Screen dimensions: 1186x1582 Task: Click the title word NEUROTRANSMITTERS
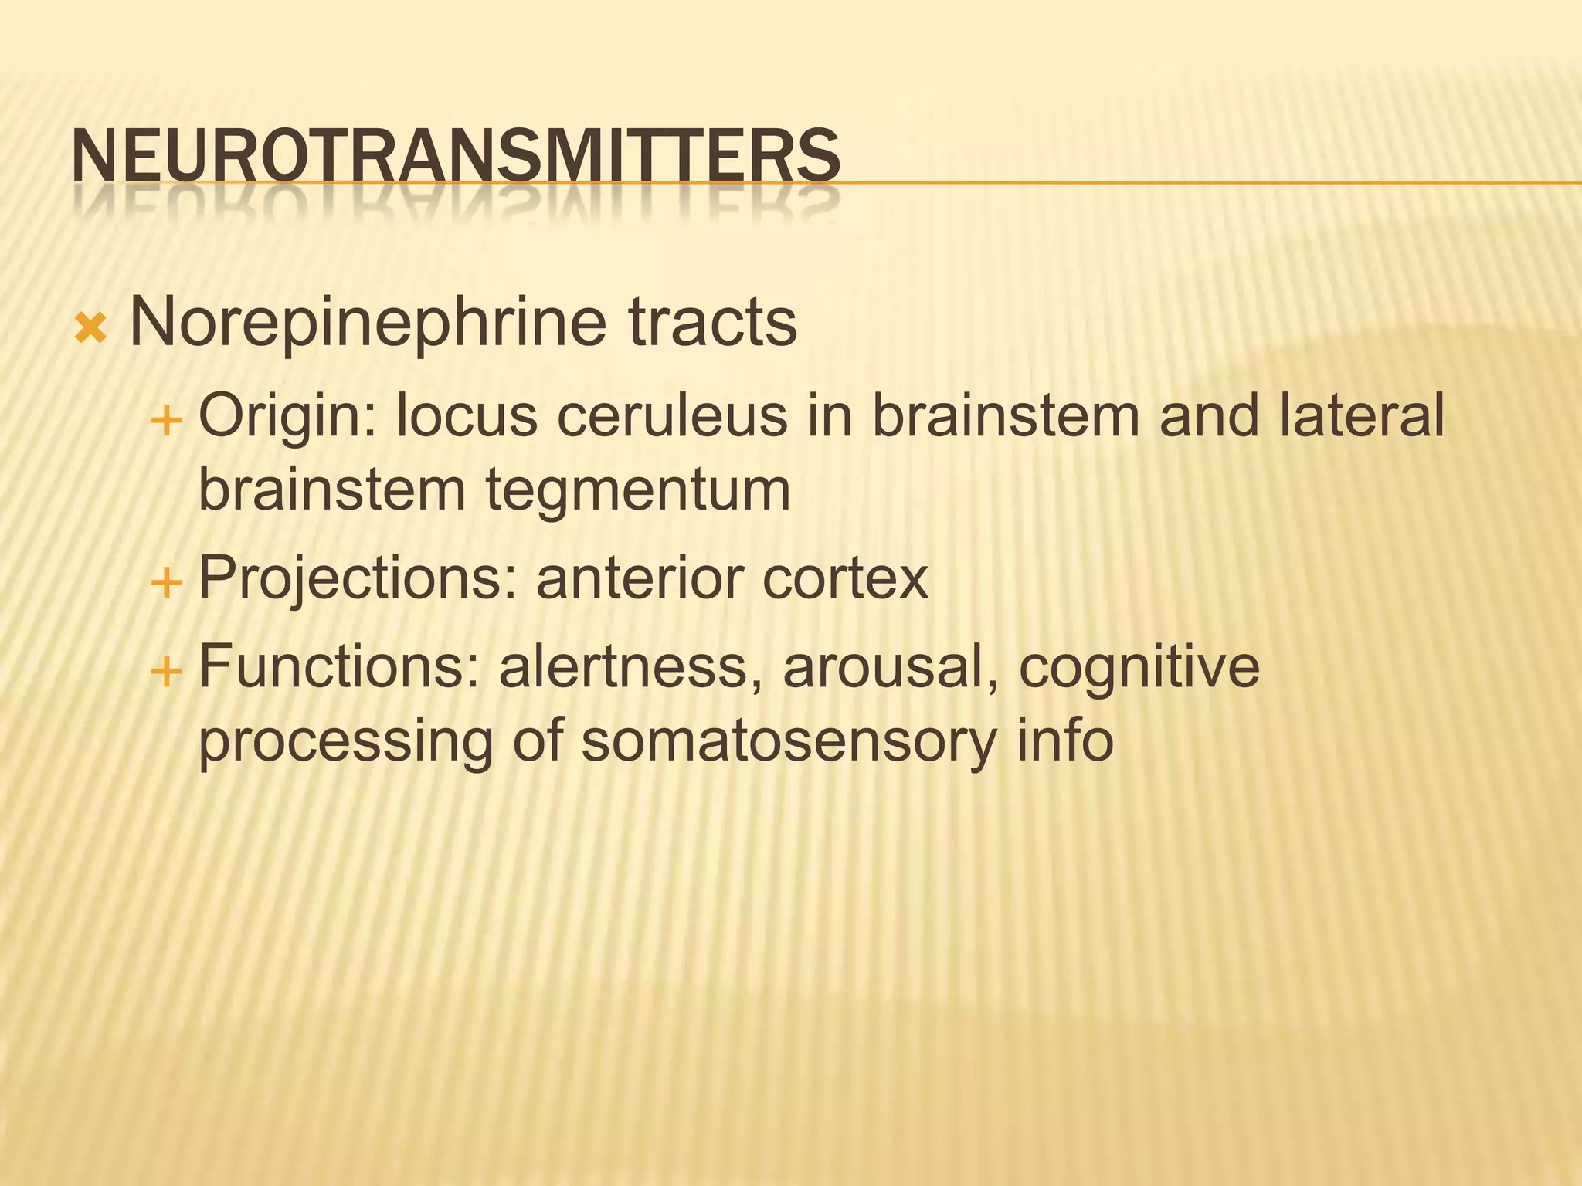[x=456, y=157]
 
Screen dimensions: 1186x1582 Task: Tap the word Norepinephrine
[x=368, y=323]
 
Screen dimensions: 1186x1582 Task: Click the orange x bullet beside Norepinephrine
[x=90, y=329]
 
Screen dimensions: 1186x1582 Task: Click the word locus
[x=467, y=416]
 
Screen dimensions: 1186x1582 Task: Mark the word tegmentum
[x=638, y=491]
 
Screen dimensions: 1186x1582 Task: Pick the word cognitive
[x=1139, y=669]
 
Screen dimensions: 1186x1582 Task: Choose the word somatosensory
[x=788, y=741]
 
